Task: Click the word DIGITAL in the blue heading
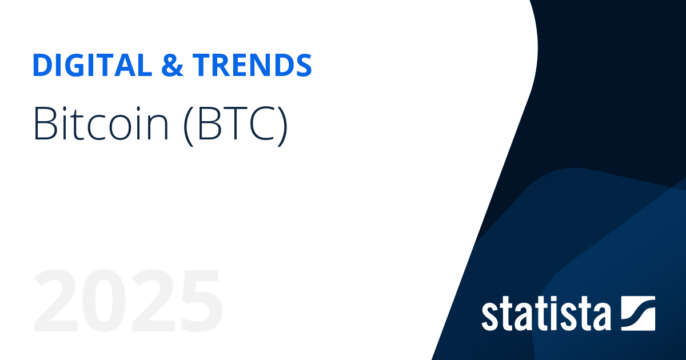(x=89, y=66)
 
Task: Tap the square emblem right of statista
(x=637, y=313)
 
